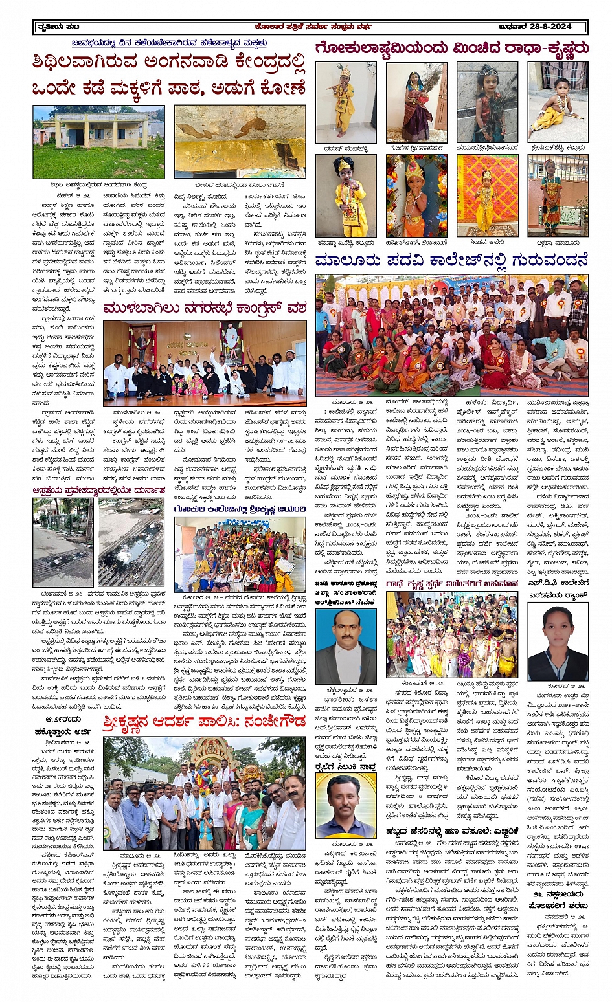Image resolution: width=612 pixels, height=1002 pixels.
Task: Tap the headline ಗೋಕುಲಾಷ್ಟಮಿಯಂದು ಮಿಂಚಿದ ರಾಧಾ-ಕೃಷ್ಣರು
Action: click(x=452, y=49)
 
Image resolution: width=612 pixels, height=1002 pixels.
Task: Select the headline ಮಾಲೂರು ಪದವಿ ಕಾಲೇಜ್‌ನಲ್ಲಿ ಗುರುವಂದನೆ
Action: click(x=452, y=262)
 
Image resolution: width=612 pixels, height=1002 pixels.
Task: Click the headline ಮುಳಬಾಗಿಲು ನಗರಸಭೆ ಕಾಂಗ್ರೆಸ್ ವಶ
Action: click(x=204, y=309)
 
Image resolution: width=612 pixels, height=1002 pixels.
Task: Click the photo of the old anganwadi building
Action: click(x=98, y=142)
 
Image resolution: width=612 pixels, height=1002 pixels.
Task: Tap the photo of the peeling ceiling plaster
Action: click(x=240, y=142)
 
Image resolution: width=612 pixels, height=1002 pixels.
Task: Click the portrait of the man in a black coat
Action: click(x=346, y=646)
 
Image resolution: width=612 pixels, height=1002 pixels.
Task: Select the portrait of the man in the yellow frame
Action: click(x=346, y=805)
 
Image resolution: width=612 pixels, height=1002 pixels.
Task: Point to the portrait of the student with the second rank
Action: click(x=558, y=641)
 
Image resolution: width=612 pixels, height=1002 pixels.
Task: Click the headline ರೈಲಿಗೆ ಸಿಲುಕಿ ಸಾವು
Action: click(x=346, y=764)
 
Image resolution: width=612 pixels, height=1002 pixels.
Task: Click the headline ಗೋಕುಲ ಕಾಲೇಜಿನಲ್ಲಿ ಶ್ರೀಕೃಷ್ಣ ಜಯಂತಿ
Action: click(x=240, y=509)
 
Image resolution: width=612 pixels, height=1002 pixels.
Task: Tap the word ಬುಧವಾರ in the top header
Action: click(x=514, y=27)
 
